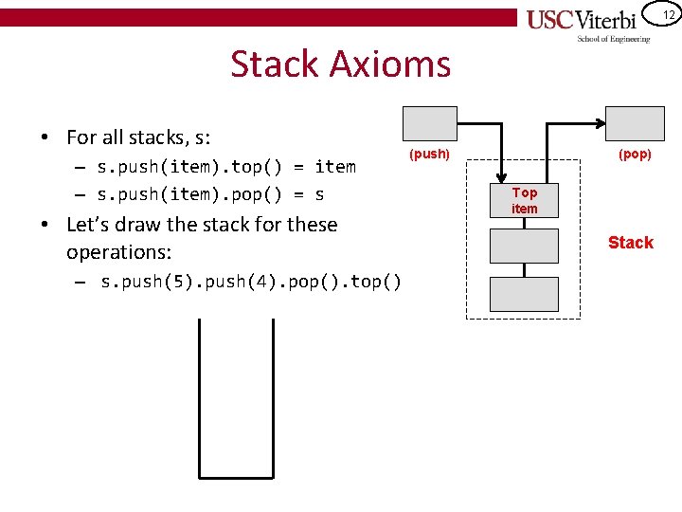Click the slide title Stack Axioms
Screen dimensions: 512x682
point(340,64)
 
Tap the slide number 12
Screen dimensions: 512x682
point(667,15)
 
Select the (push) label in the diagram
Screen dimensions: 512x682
point(429,154)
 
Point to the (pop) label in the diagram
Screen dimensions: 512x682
point(635,154)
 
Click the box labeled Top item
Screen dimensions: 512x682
point(524,200)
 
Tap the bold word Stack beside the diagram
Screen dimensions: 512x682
point(630,243)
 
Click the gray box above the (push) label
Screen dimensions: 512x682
point(429,124)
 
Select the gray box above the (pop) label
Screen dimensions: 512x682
point(635,124)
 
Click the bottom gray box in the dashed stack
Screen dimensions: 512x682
point(524,294)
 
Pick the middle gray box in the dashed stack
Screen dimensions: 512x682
point(524,247)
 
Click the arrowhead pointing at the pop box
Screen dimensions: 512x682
point(601,124)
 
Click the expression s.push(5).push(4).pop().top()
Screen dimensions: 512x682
point(251,282)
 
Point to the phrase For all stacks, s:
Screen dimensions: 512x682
point(138,137)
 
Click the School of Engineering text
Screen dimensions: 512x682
point(614,39)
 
